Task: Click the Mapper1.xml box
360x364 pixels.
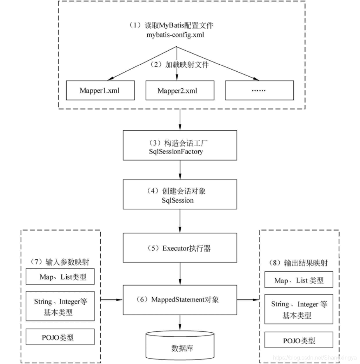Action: coord(100,90)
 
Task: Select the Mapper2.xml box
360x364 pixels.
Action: coord(179,90)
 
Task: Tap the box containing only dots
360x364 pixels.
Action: coord(259,90)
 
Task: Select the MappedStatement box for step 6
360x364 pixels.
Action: coord(180,300)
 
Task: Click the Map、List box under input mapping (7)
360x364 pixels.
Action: coord(60,277)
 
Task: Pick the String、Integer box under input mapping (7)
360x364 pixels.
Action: coord(60,306)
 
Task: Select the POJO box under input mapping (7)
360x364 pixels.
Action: coord(60,337)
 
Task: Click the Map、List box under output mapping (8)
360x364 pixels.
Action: coord(299,280)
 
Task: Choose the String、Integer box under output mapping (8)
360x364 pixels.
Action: coord(299,309)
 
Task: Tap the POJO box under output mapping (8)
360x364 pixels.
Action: coord(299,340)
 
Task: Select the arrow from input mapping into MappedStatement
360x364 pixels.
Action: coord(111,300)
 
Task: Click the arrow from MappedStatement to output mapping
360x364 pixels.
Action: coord(248,300)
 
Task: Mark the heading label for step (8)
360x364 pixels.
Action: coord(299,262)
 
